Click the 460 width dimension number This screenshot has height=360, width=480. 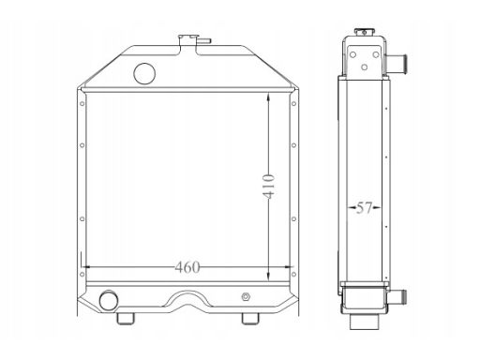[x=187, y=267]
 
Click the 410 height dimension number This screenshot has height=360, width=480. [x=268, y=187]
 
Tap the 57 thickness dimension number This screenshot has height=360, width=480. [x=364, y=207]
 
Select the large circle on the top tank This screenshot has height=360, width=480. [x=144, y=73]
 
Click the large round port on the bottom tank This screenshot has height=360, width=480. [x=109, y=300]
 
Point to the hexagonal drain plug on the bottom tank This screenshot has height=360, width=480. [x=246, y=296]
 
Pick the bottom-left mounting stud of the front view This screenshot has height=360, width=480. [x=126, y=319]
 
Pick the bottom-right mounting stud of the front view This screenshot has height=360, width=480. [x=250, y=319]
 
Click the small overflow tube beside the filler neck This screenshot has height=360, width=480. [x=204, y=40]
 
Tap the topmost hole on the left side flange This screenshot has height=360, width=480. [x=82, y=103]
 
